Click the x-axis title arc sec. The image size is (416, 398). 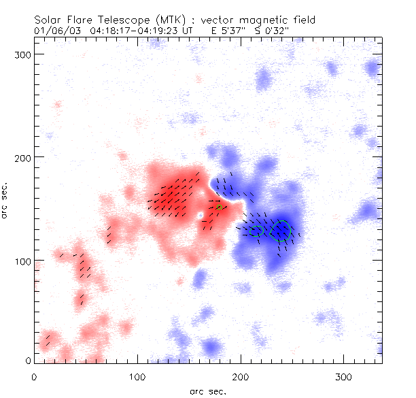coord(207,391)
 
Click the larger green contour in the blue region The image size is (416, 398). coord(280,231)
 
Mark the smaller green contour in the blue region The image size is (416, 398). coord(256,231)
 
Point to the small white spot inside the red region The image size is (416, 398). coord(200,216)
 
